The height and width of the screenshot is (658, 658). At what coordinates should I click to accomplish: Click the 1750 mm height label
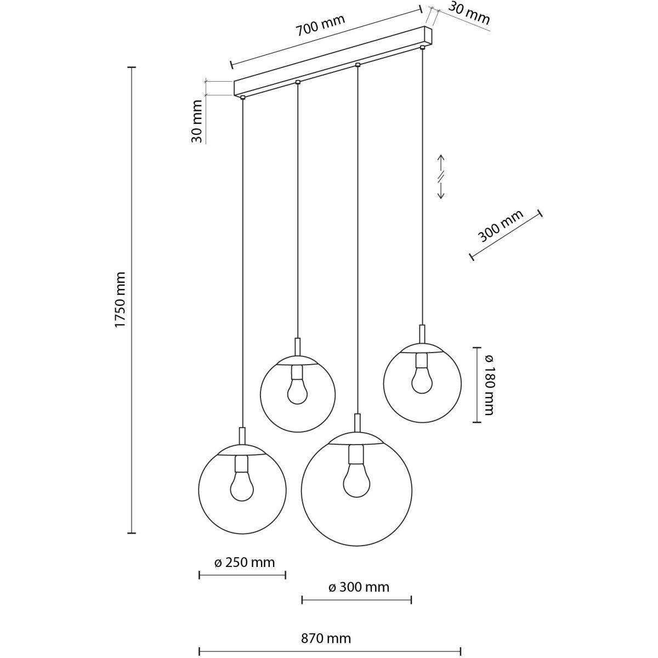click(120, 300)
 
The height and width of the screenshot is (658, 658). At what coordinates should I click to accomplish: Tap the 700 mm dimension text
click(320, 25)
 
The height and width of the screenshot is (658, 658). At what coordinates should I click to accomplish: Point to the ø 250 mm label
click(245, 563)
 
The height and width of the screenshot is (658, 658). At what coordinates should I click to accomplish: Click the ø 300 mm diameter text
click(359, 587)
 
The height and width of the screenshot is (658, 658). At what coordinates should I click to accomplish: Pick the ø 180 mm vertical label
click(489, 385)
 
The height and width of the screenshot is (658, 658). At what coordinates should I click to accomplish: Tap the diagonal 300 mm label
click(500, 226)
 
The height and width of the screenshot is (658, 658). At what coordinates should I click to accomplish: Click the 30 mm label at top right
click(468, 13)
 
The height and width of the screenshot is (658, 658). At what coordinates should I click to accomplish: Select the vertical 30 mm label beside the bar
click(197, 121)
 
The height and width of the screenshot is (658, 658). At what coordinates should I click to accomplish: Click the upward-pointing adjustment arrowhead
click(441, 159)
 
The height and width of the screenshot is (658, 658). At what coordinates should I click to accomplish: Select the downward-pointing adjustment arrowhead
click(441, 195)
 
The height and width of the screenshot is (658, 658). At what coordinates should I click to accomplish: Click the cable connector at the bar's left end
click(242, 97)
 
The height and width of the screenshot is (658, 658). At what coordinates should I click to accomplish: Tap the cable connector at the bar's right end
click(422, 47)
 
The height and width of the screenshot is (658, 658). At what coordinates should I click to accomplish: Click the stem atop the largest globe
click(357, 423)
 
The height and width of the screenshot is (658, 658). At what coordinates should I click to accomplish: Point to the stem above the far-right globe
click(422, 333)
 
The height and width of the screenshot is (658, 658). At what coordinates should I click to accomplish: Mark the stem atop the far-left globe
click(242, 436)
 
